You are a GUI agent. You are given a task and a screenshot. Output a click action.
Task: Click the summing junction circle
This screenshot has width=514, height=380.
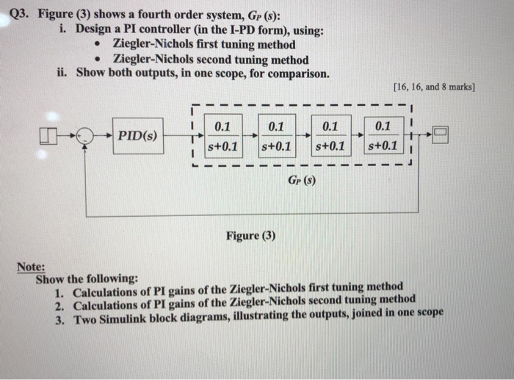coord(87,136)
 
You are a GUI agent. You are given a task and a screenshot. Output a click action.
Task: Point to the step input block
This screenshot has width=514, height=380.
coord(48,135)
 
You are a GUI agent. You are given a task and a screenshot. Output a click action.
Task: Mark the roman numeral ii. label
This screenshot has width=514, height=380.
coord(64,74)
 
